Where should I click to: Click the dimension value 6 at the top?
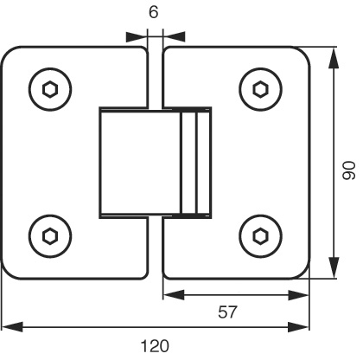click(x=154, y=12)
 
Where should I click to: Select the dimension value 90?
click(x=348, y=170)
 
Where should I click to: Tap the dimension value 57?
click(x=227, y=312)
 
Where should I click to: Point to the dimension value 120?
click(x=155, y=346)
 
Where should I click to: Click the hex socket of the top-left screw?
click(x=50, y=89)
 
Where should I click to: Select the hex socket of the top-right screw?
click(x=261, y=89)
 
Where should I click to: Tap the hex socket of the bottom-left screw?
click(x=50, y=236)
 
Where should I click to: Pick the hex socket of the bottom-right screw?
click(x=261, y=236)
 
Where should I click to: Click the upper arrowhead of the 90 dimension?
click(x=334, y=58)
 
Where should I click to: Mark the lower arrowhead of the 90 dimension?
click(x=334, y=267)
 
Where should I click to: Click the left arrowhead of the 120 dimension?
click(x=12, y=327)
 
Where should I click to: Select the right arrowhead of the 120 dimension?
click(x=298, y=327)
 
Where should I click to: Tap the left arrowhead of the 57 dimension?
click(x=174, y=295)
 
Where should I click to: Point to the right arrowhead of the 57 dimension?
click(x=298, y=295)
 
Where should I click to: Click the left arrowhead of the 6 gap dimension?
click(x=137, y=36)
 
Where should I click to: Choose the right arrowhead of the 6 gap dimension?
click(x=174, y=36)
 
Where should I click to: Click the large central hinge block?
click(x=140, y=163)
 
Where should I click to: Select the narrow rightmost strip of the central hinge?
click(x=204, y=163)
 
